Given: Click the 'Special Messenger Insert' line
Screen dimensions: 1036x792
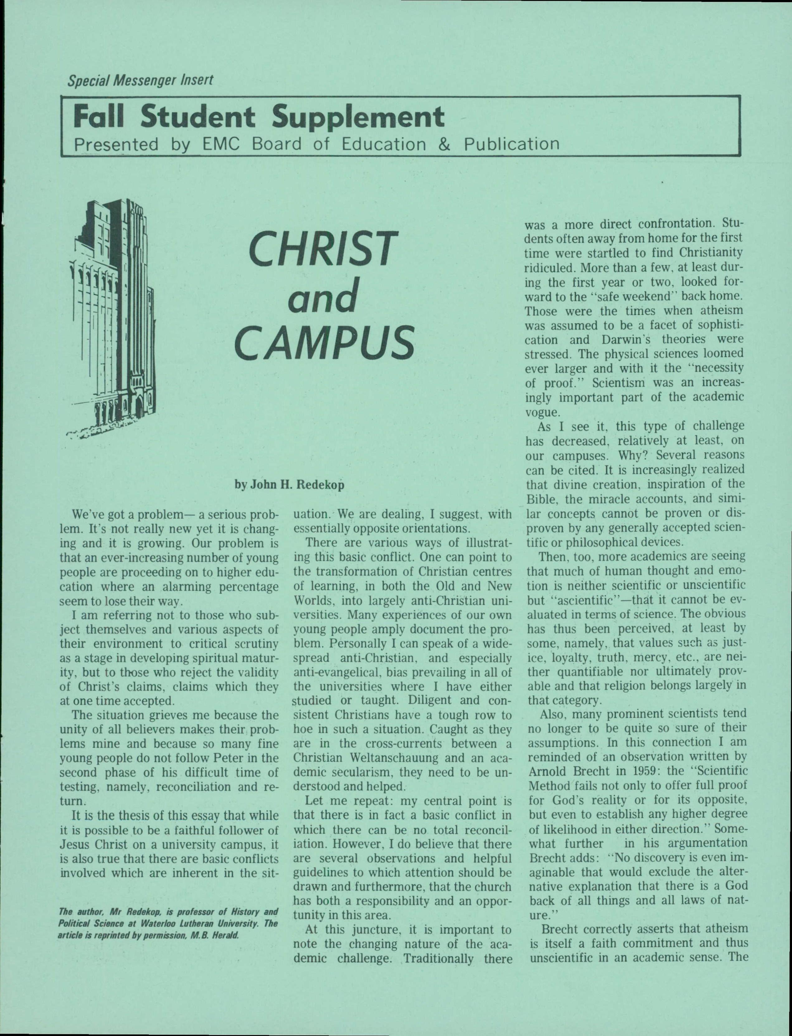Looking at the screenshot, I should (140, 80).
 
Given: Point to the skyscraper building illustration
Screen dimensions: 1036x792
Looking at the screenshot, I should (113, 321).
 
